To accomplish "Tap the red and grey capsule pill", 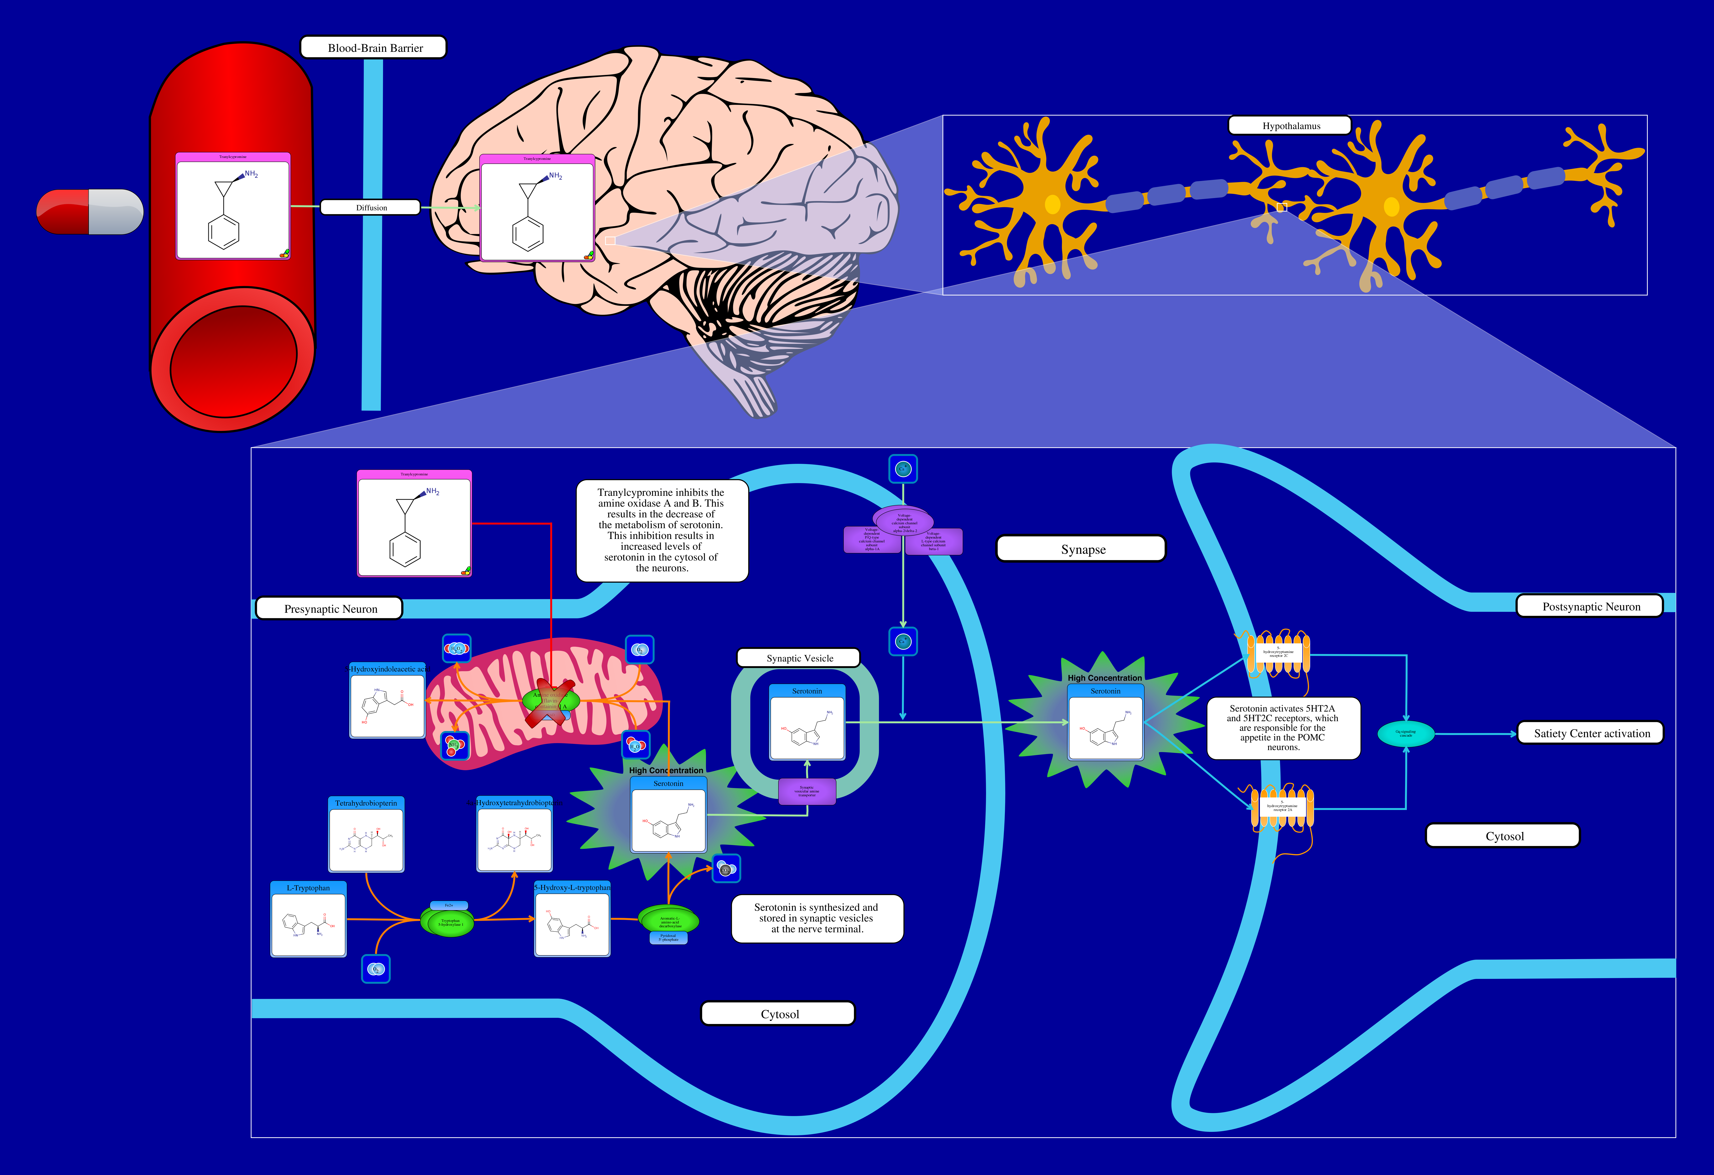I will coord(90,212).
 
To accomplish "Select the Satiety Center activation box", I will coord(1591,733).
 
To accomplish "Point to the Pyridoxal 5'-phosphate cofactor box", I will coord(668,937).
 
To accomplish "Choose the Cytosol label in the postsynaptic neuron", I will coord(1503,836).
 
